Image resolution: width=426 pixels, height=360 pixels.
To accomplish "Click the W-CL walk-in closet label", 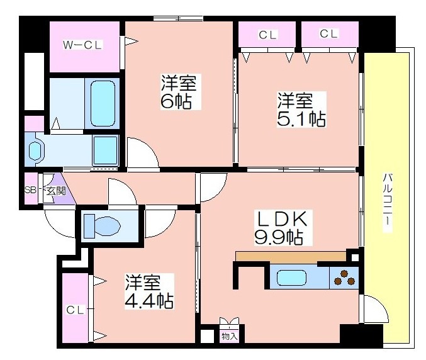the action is [x=82, y=45].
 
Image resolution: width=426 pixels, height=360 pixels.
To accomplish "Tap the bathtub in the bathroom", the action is [x=103, y=103].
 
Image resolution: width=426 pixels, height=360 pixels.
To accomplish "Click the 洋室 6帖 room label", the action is [x=179, y=91].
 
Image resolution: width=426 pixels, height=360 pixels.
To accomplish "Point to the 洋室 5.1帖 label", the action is [x=301, y=110].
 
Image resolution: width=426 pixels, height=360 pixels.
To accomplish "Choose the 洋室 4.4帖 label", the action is [x=149, y=291].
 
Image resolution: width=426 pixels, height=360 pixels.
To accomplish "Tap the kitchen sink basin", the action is [x=291, y=278].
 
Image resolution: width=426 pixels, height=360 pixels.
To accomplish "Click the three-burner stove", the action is [x=344, y=278].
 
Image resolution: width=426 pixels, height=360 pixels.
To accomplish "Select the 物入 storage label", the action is [x=230, y=336].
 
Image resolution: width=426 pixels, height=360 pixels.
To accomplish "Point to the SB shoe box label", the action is [x=30, y=189].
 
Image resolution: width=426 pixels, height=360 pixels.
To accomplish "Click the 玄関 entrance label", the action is [x=56, y=191].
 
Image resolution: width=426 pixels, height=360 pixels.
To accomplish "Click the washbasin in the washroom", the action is [x=36, y=151].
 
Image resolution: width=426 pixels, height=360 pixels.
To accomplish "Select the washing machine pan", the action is [x=106, y=150].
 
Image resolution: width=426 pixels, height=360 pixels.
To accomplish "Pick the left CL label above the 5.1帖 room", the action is [x=267, y=35].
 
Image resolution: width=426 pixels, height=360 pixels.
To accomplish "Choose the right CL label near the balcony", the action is [x=328, y=34].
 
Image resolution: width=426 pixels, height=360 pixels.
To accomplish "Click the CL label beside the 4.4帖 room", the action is [x=76, y=310].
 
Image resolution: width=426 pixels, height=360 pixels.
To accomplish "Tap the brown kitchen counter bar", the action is [x=291, y=256].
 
